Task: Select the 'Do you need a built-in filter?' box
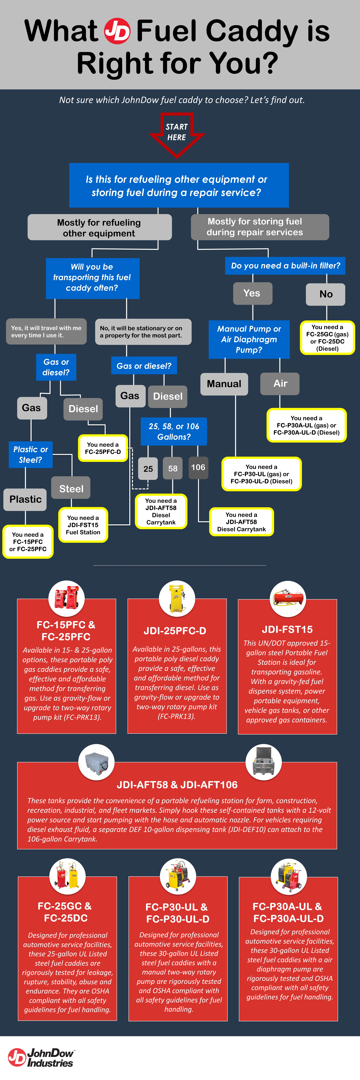pos(285,266)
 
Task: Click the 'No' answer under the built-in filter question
pos(326,294)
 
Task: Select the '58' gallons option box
pos(173,468)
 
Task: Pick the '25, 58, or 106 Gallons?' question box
pos(174,431)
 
